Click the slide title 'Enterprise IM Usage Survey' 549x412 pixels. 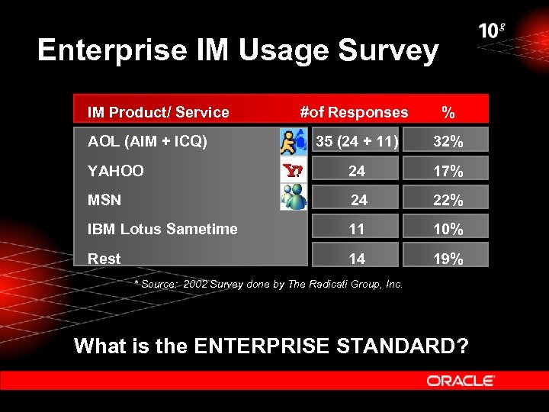pos(238,51)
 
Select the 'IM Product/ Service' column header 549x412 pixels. pos(158,112)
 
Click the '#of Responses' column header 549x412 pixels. pos(354,112)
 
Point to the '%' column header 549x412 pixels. pos(448,113)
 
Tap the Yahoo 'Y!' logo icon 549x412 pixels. pos(293,171)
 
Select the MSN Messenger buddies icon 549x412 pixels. pos(293,199)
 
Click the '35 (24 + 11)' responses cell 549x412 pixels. pos(356,141)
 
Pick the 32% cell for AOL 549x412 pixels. pos(448,142)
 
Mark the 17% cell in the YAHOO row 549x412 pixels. pos(448,172)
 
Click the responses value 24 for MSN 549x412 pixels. pos(358,200)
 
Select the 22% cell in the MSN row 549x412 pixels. pos(448,201)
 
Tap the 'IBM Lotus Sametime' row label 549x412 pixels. pos(162,229)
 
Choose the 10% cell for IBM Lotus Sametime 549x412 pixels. pos(448,230)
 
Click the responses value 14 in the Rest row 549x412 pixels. pos(357,259)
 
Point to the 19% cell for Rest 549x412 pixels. pos(448,259)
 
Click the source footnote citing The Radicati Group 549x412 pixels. pos(268,284)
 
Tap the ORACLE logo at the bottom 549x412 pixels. pos(461,380)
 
